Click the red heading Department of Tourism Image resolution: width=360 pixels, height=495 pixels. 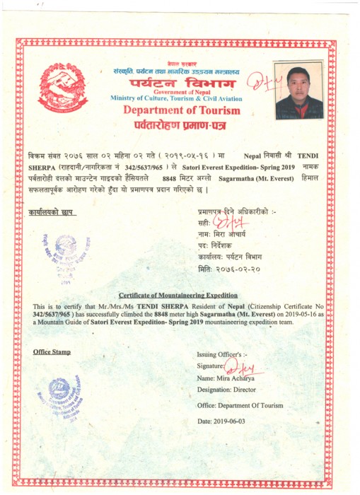pyautogui.click(x=181, y=110)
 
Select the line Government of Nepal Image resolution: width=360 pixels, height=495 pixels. pyautogui.click(x=182, y=91)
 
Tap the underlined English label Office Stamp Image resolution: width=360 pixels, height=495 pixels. pyautogui.click(x=52, y=351)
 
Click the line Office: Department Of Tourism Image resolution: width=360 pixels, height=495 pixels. pyautogui.click(x=240, y=406)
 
